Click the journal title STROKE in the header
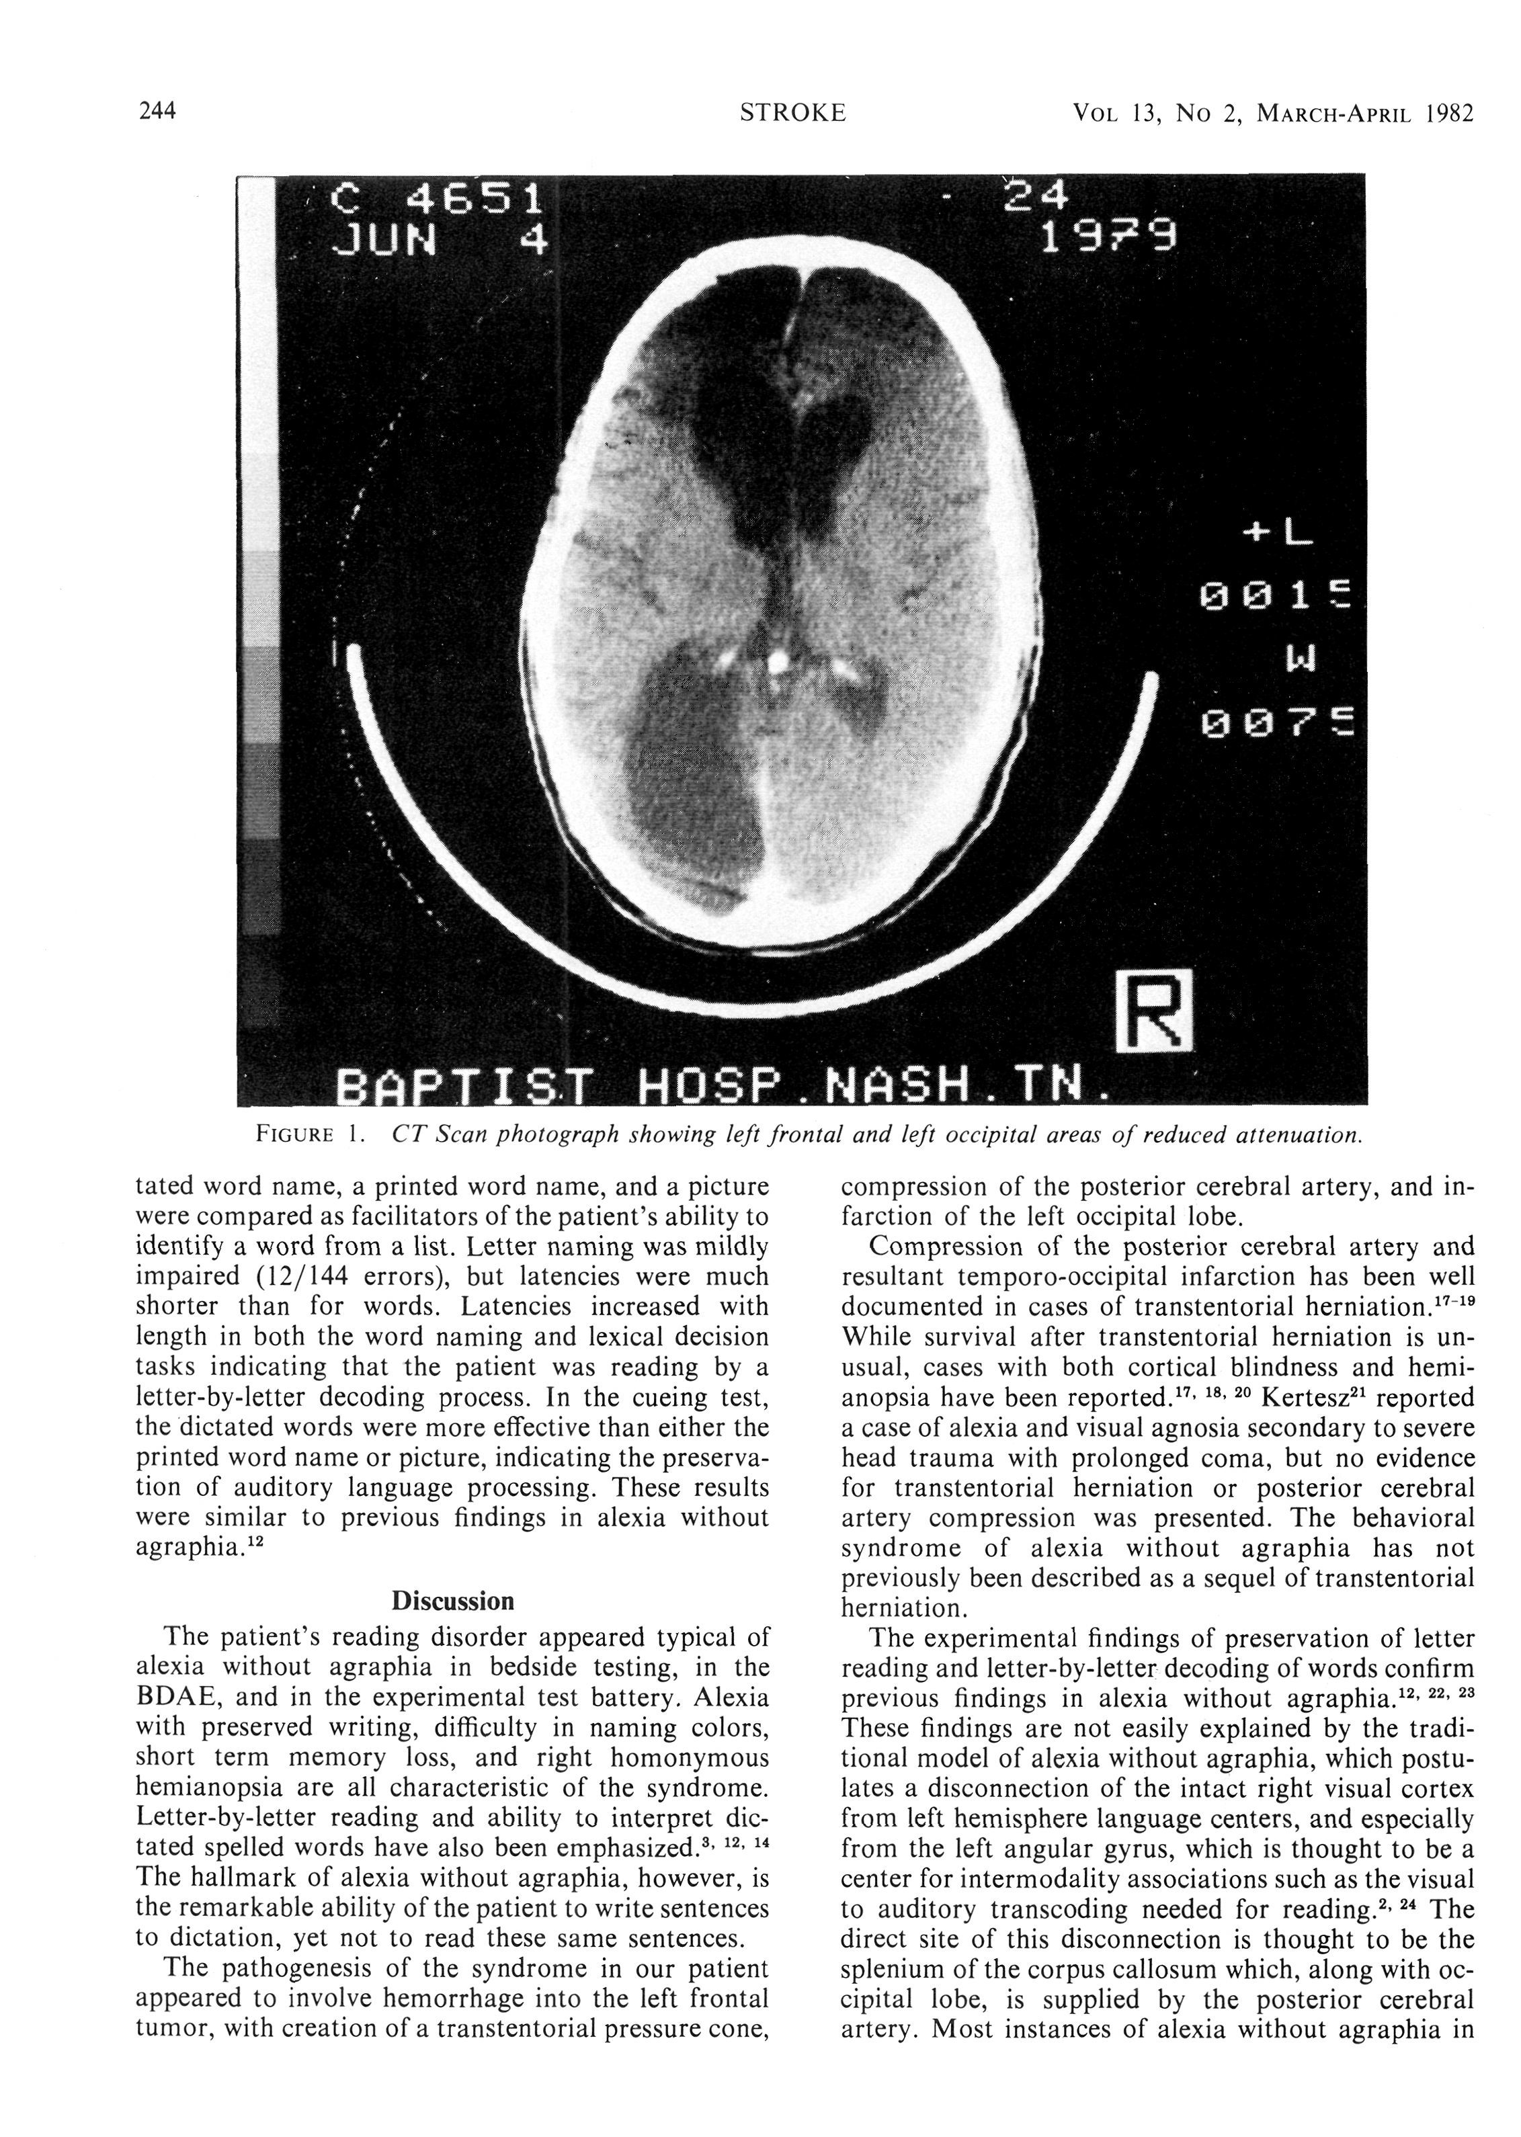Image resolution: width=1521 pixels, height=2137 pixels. [x=792, y=114]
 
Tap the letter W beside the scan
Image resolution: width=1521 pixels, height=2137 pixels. [x=1302, y=659]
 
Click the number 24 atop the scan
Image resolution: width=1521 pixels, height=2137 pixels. [x=1035, y=197]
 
